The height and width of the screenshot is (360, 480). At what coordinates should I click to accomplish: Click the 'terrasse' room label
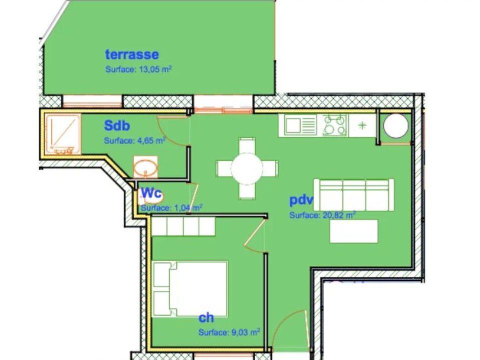click(x=132, y=54)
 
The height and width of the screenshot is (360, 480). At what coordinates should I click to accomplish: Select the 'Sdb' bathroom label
click(x=117, y=125)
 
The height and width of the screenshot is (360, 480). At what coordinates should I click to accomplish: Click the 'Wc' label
click(x=151, y=193)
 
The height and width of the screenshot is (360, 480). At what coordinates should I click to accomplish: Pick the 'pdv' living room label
click(x=301, y=200)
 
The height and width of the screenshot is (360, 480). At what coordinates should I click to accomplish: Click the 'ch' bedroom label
click(x=206, y=318)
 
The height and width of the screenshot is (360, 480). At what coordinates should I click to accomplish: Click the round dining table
click(x=246, y=168)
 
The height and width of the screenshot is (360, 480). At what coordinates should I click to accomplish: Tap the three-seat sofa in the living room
click(x=354, y=195)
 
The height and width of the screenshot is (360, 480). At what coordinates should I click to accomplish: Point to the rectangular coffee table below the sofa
click(x=353, y=231)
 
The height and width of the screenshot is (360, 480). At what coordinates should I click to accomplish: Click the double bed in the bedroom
click(x=190, y=288)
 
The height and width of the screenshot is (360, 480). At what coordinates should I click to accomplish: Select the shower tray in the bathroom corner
click(x=63, y=134)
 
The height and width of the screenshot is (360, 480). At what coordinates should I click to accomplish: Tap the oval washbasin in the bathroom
click(x=145, y=167)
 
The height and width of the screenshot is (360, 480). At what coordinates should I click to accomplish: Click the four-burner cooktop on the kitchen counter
click(x=335, y=125)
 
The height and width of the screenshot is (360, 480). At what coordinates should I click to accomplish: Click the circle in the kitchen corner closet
click(x=396, y=125)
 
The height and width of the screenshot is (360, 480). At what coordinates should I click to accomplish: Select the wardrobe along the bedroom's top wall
click(x=183, y=226)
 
